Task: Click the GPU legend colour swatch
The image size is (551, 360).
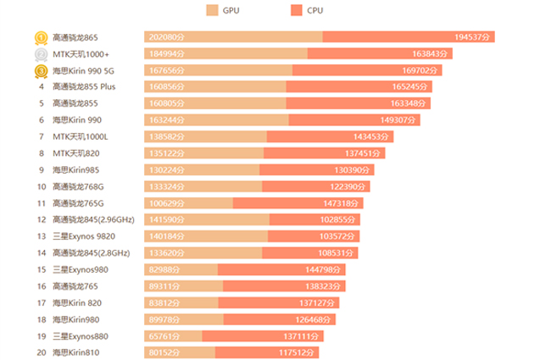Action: tap(211, 10)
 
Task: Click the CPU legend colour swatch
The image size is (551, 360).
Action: tap(295, 10)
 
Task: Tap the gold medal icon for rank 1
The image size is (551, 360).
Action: tap(41, 37)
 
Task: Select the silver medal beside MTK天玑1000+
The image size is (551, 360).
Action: tap(41, 53)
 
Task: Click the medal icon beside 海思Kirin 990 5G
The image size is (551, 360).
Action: tap(41, 70)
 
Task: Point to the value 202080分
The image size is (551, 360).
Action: tap(166, 37)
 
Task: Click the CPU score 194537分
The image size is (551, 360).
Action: tap(474, 37)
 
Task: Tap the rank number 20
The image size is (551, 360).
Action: tap(41, 352)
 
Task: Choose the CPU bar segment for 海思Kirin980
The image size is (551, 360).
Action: tap(280, 319)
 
